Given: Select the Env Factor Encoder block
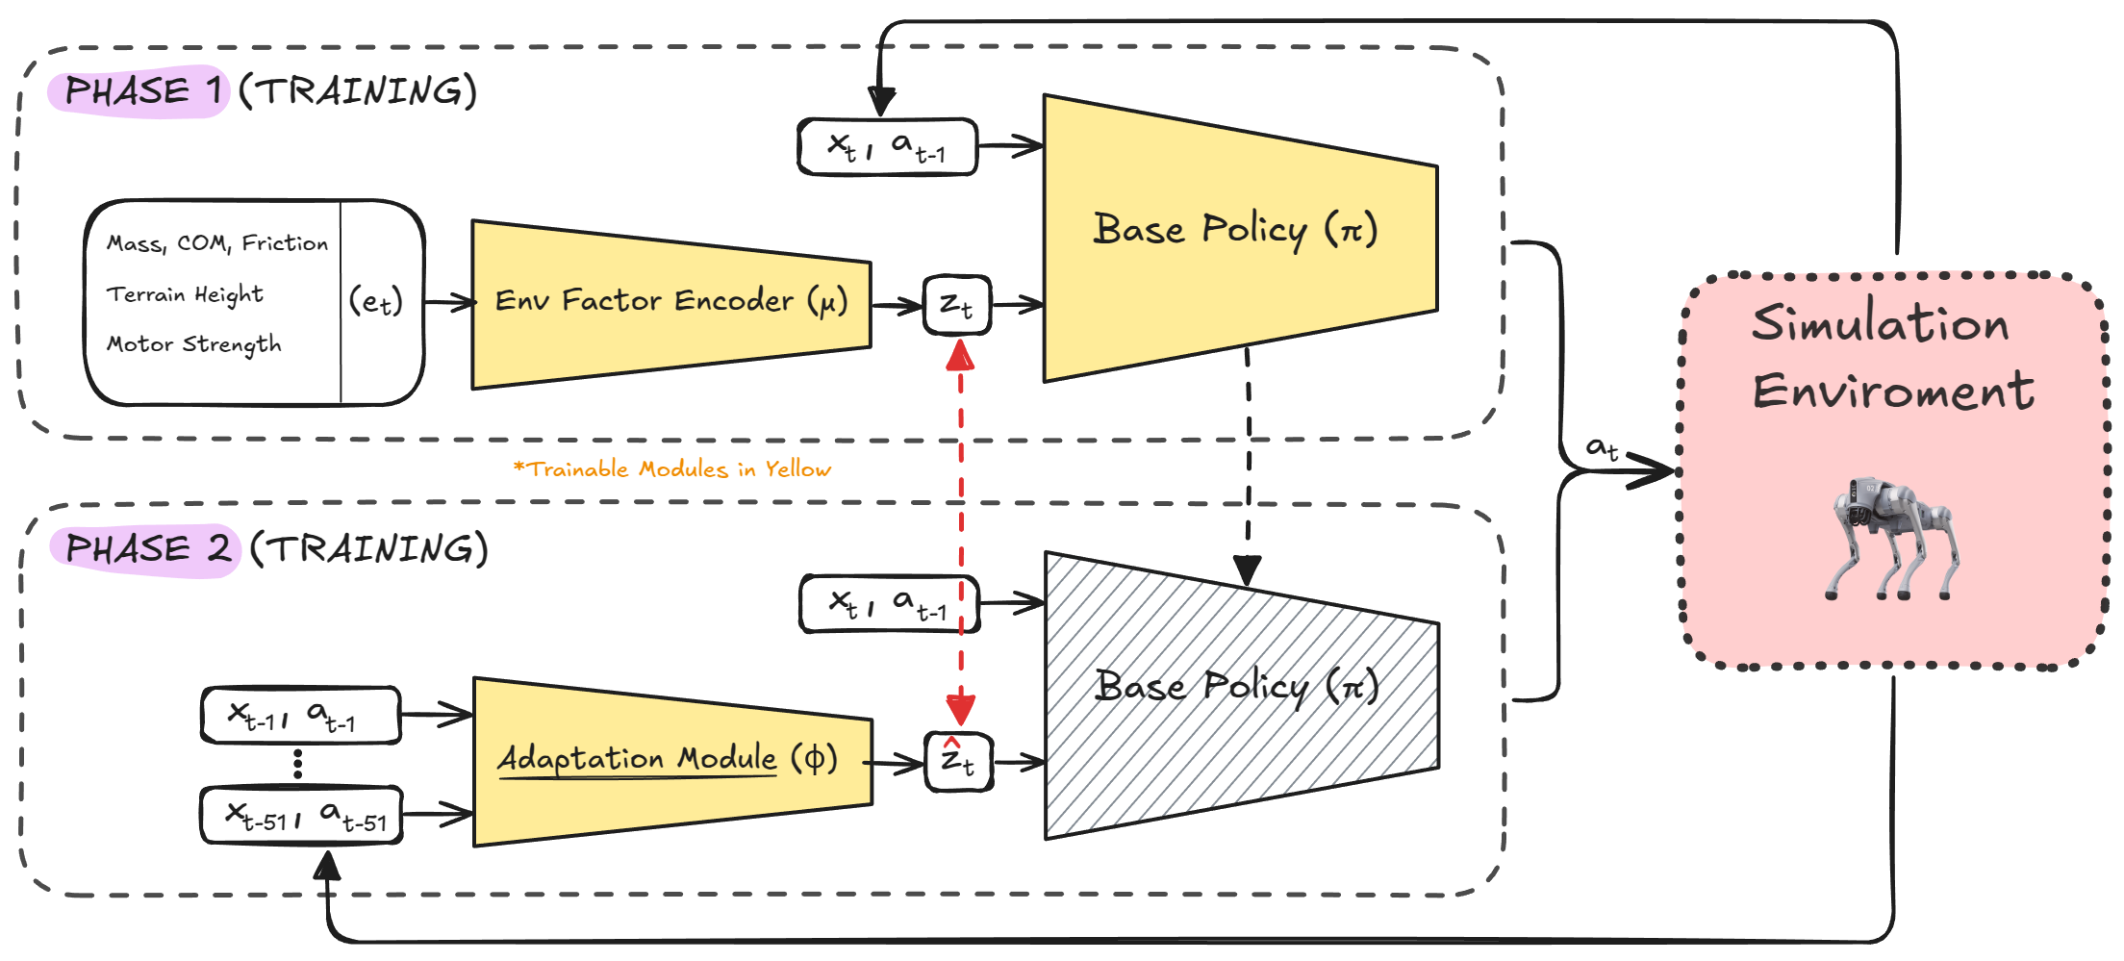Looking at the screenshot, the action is tap(671, 304).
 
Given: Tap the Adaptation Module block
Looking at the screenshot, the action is tap(672, 762).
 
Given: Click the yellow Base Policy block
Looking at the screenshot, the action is tap(1241, 238).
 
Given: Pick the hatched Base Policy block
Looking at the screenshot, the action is tap(1242, 695).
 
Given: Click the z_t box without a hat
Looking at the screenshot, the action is tap(957, 305).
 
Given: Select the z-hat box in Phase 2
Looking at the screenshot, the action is tap(958, 762).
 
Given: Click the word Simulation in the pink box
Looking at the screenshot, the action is tap(1881, 322).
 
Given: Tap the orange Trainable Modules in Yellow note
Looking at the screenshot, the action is tap(672, 469).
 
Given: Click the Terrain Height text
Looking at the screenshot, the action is tap(185, 294).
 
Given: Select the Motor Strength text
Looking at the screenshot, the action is tap(194, 344).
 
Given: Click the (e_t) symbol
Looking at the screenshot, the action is tap(375, 302).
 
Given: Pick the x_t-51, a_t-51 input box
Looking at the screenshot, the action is tap(302, 817).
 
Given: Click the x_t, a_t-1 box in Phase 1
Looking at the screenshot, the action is tap(888, 147).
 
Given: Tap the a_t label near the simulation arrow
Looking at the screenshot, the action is tap(1602, 448).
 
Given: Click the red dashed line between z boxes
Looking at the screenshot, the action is tap(960, 534).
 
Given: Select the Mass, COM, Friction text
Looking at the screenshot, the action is tap(217, 243).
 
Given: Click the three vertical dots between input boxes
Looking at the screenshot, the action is tap(298, 764).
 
